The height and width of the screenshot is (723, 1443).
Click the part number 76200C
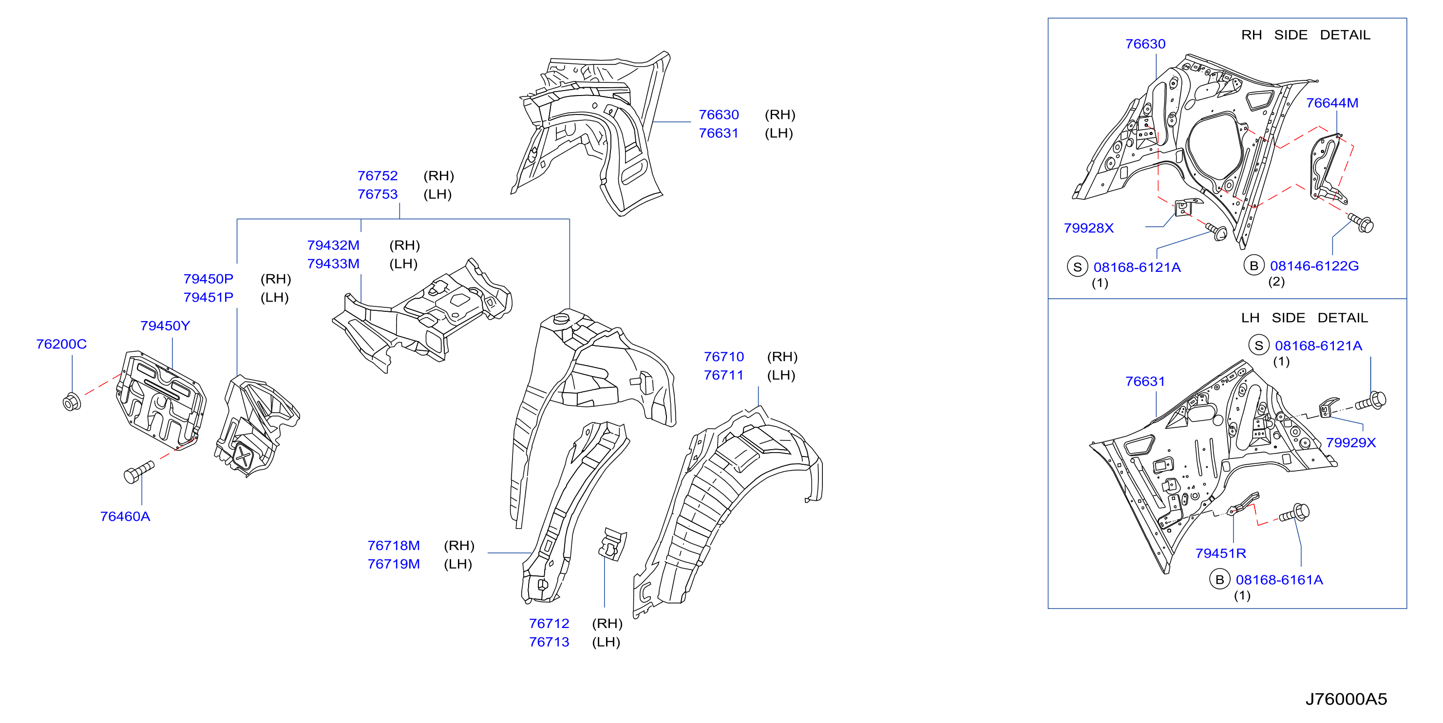[x=61, y=344]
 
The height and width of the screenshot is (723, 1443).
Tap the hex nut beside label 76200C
[x=72, y=401]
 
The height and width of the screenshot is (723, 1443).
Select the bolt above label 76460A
[x=138, y=472]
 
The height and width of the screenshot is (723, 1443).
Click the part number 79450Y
[x=165, y=325]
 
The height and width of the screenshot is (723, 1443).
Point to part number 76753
[x=378, y=194]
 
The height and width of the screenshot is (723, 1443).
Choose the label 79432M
[x=333, y=245]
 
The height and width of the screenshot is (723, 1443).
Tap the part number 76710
[x=724, y=356]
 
